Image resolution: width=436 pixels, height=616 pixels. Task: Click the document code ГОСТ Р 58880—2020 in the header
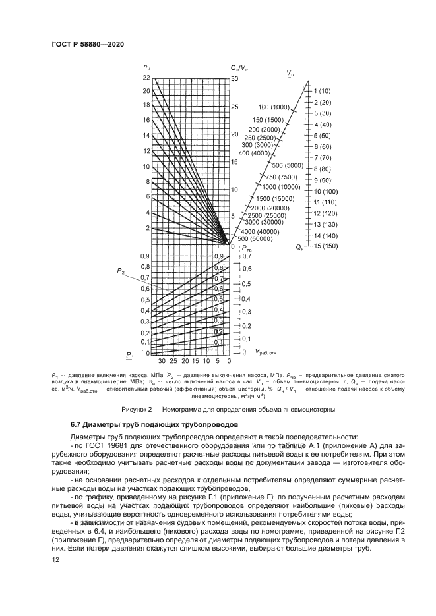88,43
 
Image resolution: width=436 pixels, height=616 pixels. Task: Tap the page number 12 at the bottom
55,559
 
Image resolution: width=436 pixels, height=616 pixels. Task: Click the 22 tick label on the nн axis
146,78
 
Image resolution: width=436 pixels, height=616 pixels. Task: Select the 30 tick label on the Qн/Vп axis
235,78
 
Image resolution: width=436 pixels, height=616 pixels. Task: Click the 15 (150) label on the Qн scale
325,246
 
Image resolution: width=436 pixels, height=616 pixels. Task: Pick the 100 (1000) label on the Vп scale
274,107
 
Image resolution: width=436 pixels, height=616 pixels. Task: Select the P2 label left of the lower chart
121,271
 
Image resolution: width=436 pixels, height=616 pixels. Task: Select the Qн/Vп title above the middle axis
239,68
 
